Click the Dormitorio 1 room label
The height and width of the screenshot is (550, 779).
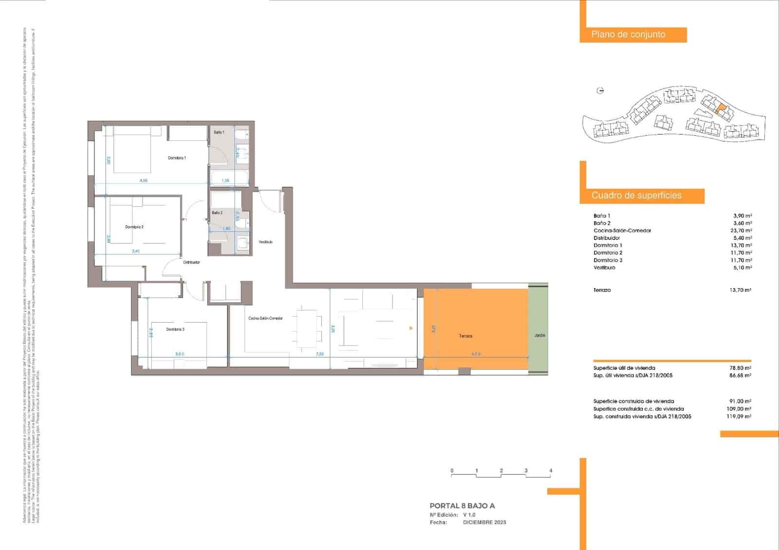pyautogui.click(x=177, y=158)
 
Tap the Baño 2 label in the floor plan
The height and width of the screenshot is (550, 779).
pyautogui.click(x=217, y=213)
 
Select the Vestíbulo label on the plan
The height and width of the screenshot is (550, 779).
pyautogui.click(x=265, y=242)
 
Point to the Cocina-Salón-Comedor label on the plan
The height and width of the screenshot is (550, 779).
pyautogui.click(x=265, y=318)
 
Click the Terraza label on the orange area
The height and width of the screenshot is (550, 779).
pyautogui.click(x=465, y=336)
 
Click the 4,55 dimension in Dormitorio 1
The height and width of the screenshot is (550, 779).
pyautogui.click(x=144, y=181)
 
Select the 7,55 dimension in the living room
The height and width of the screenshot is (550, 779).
pyautogui.click(x=320, y=354)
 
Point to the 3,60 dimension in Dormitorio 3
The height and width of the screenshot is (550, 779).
pyautogui.click(x=180, y=354)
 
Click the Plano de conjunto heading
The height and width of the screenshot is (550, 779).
pyautogui.click(x=628, y=35)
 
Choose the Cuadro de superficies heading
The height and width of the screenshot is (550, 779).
pyautogui.click(x=636, y=196)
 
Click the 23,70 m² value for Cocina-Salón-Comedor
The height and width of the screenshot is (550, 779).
pyautogui.click(x=742, y=231)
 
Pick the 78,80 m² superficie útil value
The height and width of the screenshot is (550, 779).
pyautogui.click(x=740, y=368)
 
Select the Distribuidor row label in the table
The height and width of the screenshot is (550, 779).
pyautogui.click(x=607, y=238)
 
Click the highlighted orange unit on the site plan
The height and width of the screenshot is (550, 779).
pyautogui.click(x=721, y=109)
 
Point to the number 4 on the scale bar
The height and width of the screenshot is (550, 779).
pyautogui.click(x=551, y=471)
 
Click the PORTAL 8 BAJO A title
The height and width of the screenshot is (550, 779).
pyautogui.click(x=462, y=506)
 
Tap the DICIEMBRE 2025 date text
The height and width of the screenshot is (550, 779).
pyautogui.click(x=484, y=522)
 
